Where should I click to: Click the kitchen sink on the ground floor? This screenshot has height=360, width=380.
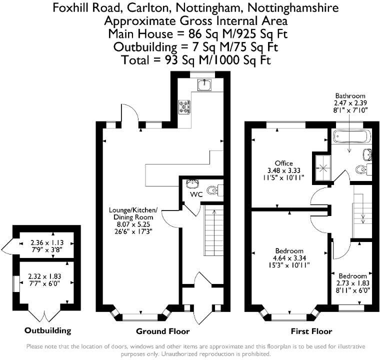(x=204, y=85)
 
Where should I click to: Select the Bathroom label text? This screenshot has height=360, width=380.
(x=350, y=96)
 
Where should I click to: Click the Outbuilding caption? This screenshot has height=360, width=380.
(x=47, y=330)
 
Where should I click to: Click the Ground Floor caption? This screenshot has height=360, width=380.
(x=163, y=331)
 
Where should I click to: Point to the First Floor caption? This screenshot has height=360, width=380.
(x=311, y=331)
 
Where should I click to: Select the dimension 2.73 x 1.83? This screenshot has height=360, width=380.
(x=353, y=283)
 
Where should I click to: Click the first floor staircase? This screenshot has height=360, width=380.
(x=362, y=210)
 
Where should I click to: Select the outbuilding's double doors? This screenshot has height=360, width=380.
(x=44, y=315)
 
